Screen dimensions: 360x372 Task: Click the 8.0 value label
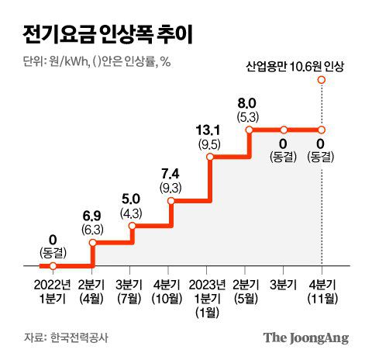tap(247, 102)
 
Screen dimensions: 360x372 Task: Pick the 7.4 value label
tap(171, 172)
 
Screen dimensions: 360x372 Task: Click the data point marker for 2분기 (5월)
tap(248, 130)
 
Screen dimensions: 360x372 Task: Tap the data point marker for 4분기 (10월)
tap(171, 200)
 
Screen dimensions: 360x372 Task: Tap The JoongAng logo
tap(305, 337)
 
